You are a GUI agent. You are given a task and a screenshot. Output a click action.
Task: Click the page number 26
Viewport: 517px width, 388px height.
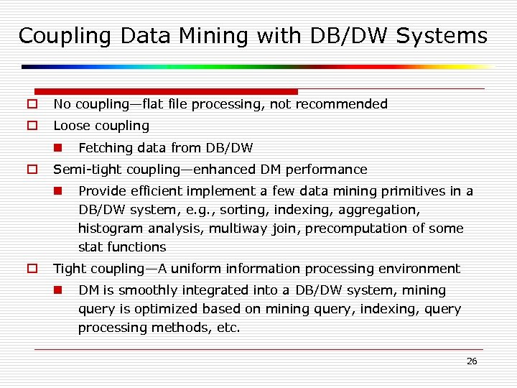point(472,361)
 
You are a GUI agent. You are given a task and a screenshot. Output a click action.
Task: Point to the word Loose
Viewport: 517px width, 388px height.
point(70,126)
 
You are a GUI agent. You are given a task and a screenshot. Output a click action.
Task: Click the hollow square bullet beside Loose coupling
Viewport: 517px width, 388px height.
point(32,126)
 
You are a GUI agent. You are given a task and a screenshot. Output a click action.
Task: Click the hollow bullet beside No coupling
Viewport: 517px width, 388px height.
point(32,104)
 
